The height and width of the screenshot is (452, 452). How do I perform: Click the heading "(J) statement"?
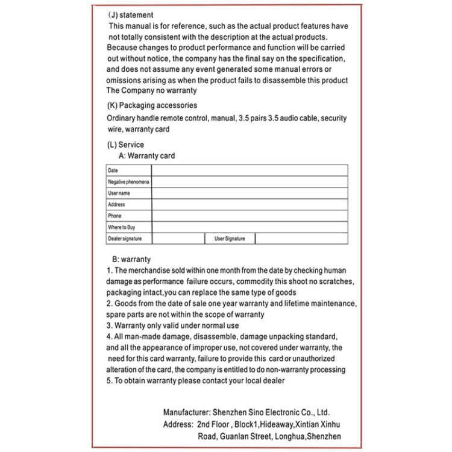[131, 15]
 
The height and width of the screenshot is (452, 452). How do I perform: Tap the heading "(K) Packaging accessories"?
[151, 105]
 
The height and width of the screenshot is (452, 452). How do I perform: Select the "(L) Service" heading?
[125, 145]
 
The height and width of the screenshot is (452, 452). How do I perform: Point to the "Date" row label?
[113, 171]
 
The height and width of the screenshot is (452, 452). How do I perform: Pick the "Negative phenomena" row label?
[128, 182]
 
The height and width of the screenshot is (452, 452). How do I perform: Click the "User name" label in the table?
[119, 193]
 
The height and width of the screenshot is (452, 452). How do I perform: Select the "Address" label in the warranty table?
[117, 205]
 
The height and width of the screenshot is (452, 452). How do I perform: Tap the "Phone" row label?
[115, 216]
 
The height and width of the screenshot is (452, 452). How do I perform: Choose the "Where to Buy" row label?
[122, 227]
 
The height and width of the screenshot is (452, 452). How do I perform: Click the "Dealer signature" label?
[125, 239]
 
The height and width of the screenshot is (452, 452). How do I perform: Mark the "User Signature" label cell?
[230, 239]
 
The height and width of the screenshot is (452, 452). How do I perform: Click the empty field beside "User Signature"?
[301, 239]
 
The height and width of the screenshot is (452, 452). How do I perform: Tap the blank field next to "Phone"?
[250, 216]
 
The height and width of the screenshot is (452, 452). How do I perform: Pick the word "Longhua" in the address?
[292, 436]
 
